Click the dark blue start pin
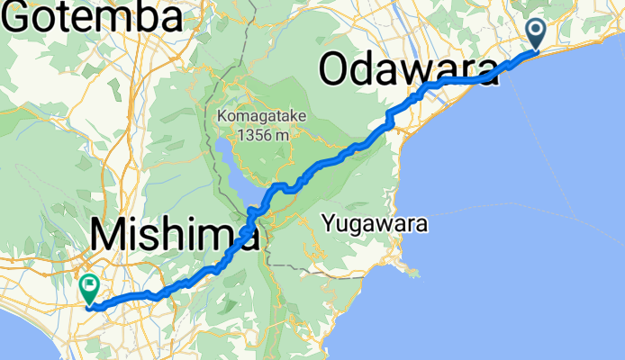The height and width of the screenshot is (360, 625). (536, 34)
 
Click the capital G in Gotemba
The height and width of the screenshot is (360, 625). (22, 16)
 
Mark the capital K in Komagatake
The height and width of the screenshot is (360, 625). (221, 117)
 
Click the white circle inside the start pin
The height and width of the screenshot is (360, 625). (536, 30)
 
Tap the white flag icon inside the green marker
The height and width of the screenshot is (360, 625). (90, 287)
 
